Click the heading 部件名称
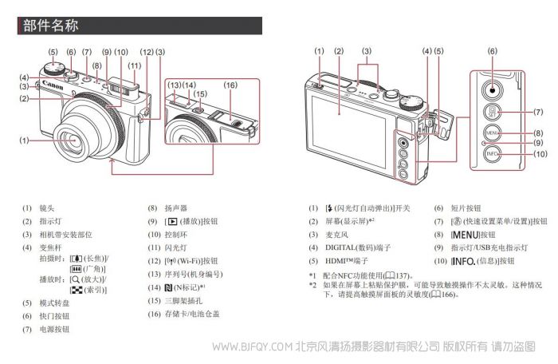point(50,26)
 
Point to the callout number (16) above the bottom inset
point(230,85)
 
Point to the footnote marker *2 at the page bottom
point(313,285)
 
